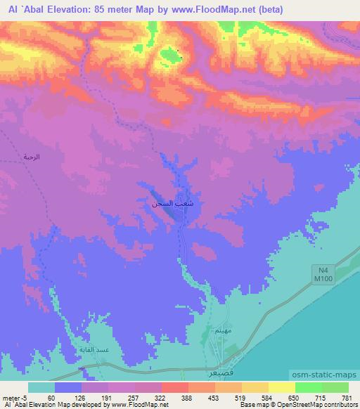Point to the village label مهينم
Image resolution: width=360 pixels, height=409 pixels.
[222, 332]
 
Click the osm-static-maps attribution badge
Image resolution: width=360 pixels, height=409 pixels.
[331, 372]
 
